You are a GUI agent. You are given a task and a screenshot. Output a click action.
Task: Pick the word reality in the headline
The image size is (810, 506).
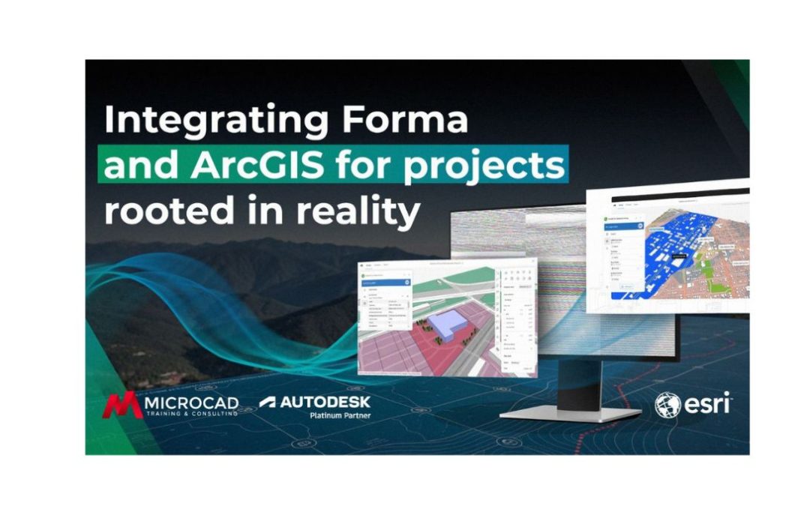click(x=358, y=211)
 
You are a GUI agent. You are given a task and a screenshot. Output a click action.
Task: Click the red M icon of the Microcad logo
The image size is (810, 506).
click(x=121, y=405)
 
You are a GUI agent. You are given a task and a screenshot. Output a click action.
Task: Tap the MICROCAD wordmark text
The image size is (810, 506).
click(x=190, y=402)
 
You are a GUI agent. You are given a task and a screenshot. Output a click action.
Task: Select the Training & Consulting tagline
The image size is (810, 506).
click(x=190, y=414)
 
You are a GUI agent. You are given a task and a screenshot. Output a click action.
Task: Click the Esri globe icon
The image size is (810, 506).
click(x=667, y=406)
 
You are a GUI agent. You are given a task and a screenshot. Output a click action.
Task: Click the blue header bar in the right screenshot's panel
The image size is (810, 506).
click(x=622, y=226)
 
